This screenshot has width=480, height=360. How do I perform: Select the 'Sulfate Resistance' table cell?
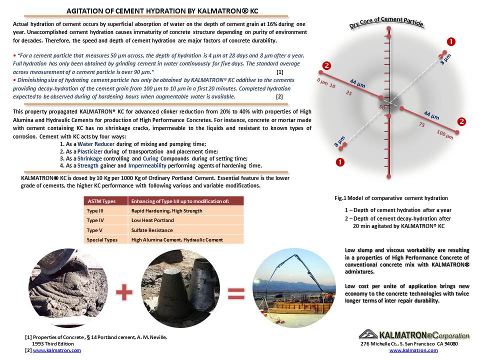point(152,230)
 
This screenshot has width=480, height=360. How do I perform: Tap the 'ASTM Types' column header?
point(101,201)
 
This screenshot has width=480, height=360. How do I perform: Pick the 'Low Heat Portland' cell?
point(152,220)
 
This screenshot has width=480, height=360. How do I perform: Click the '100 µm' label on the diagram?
point(444,133)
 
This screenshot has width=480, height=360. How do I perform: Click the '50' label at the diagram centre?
point(382,107)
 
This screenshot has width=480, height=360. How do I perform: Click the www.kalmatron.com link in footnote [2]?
point(56,350)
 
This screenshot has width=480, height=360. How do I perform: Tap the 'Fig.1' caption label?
point(340,198)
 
